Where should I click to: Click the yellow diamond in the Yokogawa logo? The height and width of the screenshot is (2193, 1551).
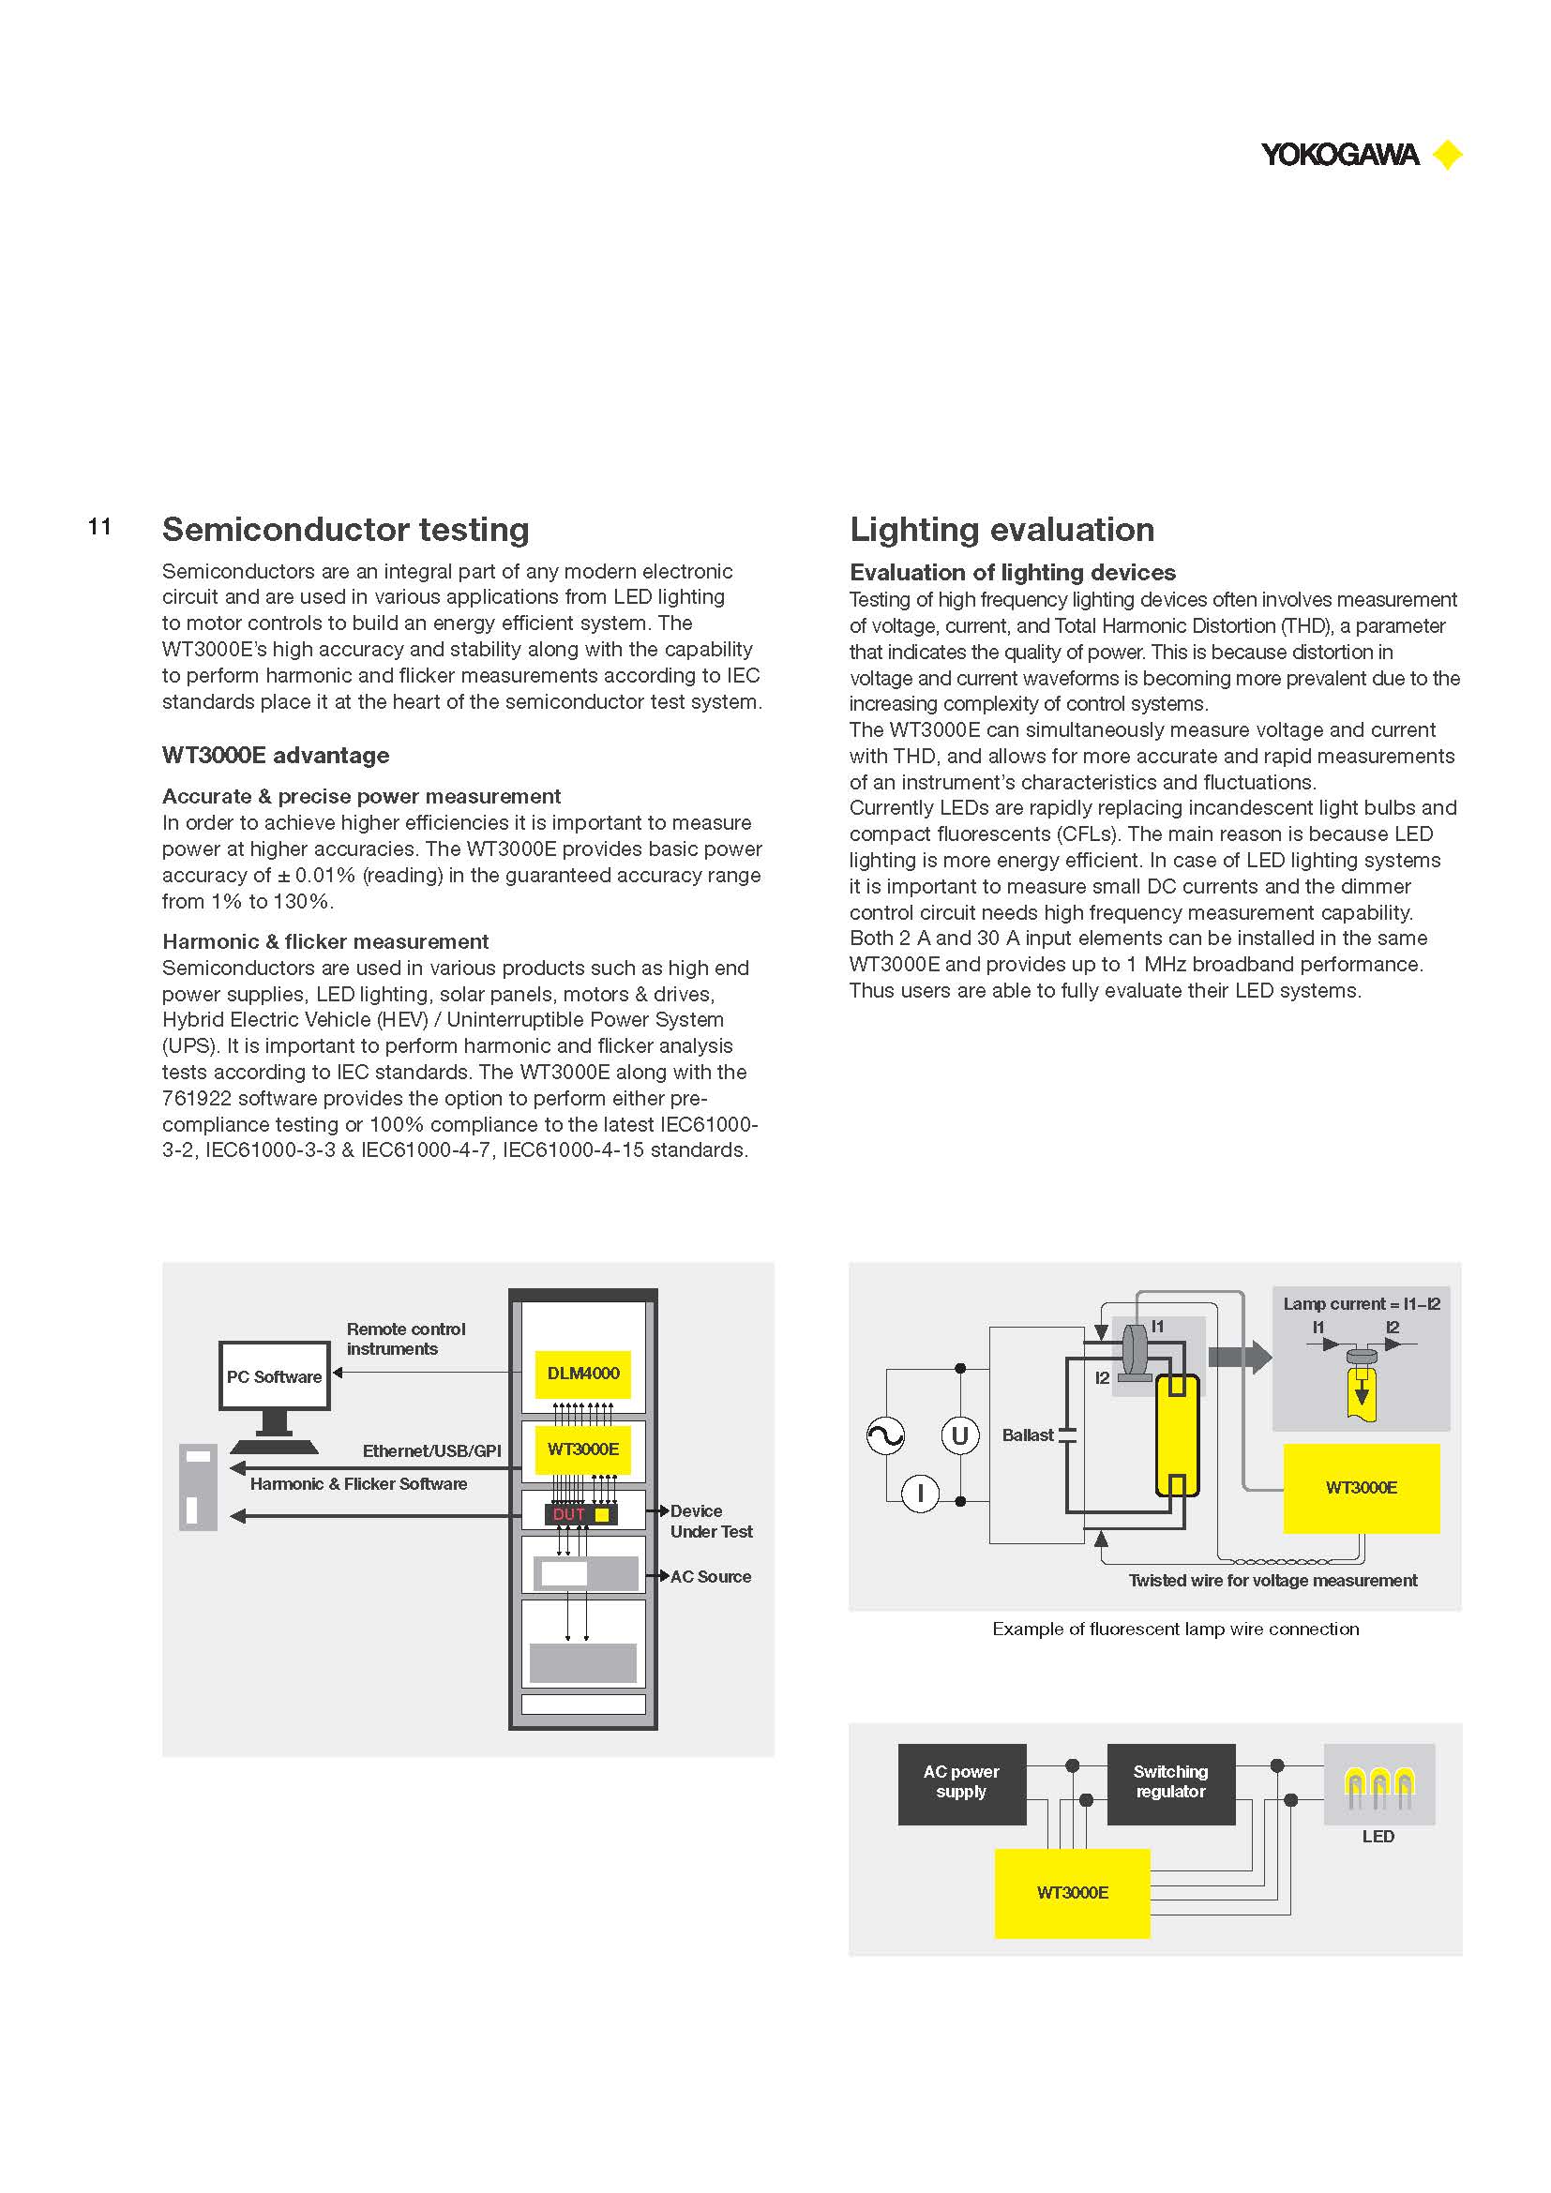click(1448, 154)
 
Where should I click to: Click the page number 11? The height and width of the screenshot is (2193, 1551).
click(99, 526)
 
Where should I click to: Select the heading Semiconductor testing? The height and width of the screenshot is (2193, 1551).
click(346, 529)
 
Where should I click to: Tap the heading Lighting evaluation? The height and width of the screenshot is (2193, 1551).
click(1001, 529)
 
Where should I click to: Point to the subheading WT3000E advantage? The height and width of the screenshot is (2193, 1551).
click(276, 755)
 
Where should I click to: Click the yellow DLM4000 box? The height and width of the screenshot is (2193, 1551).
click(582, 1374)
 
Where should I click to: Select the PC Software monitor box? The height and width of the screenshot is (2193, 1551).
click(274, 1376)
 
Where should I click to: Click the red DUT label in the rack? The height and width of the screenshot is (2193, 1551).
click(569, 1514)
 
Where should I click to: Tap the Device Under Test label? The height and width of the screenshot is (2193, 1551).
click(712, 1521)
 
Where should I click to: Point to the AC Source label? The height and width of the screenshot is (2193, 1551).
click(711, 1576)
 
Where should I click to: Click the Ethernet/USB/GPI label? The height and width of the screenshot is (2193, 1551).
click(431, 1450)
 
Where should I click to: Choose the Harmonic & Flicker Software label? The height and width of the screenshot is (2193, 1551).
click(358, 1483)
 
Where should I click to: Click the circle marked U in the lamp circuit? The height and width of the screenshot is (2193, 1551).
click(960, 1435)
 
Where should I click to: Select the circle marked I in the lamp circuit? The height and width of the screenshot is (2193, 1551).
click(921, 1493)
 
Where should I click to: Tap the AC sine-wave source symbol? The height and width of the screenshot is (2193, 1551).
click(885, 1435)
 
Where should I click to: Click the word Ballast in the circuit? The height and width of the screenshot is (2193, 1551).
click(1028, 1434)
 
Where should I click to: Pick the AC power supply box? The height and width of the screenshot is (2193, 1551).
click(962, 1784)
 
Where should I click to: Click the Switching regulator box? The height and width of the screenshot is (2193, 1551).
click(1171, 1784)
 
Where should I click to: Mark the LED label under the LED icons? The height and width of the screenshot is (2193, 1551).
click(1378, 1836)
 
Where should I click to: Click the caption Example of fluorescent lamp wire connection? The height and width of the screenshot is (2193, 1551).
click(1176, 1629)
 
